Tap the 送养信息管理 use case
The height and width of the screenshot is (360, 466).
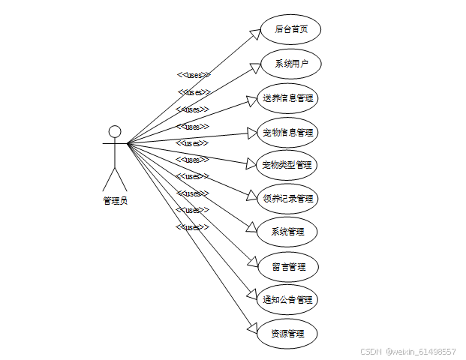click(287, 97)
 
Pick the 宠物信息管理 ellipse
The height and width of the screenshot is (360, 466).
click(287, 132)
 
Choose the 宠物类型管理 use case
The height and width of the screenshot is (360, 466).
click(287, 164)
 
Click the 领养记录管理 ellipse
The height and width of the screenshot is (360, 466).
click(287, 199)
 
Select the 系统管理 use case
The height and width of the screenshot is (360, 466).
click(287, 232)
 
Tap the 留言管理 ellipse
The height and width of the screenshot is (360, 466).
click(287, 266)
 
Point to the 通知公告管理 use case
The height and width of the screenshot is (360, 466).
click(287, 300)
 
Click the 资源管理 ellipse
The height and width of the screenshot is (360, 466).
click(287, 333)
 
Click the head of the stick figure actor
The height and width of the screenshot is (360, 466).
click(115, 132)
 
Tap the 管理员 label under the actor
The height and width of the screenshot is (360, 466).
click(115, 200)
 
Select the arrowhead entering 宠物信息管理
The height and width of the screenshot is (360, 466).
click(251, 133)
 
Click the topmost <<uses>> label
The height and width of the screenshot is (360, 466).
click(194, 75)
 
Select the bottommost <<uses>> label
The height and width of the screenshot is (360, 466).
click(192, 226)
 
